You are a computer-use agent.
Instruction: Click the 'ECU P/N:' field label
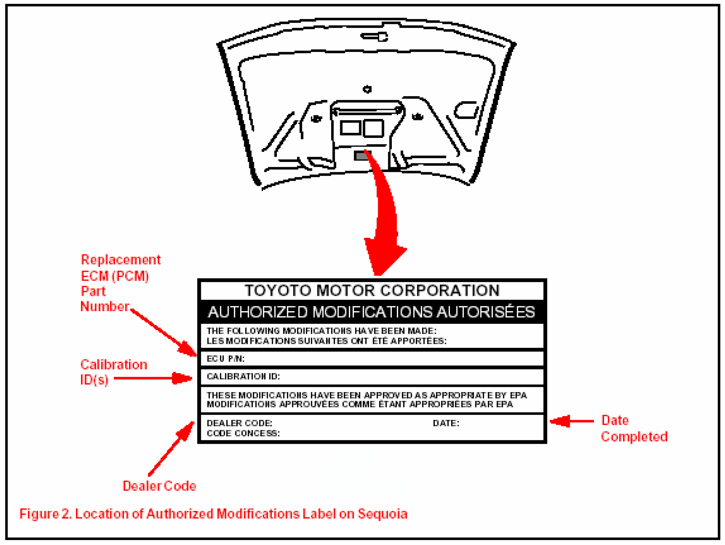[x=226, y=359]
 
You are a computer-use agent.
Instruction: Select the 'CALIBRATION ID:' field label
[x=243, y=376]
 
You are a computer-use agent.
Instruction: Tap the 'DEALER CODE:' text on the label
[x=239, y=423]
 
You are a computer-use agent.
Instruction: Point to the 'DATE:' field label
[x=446, y=423]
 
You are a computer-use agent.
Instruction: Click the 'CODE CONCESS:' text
[x=243, y=433]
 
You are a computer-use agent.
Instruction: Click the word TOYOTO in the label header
[x=278, y=290]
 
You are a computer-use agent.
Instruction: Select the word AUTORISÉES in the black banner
[x=486, y=312]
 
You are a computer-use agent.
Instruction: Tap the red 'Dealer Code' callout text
[x=159, y=486]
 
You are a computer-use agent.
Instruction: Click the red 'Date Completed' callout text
[x=634, y=429]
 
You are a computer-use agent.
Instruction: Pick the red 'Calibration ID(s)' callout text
[x=113, y=372]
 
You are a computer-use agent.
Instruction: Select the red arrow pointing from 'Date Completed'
[x=571, y=421]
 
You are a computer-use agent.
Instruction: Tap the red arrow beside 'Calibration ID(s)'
[x=153, y=378]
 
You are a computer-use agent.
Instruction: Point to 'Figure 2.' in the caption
[x=45, y=514]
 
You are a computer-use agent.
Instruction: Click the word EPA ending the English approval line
[x=518, y=395]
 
